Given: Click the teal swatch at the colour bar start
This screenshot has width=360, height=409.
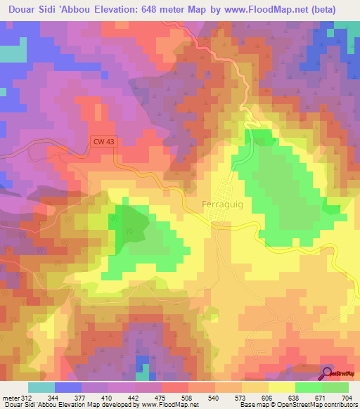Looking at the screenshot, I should pos(41,387).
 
